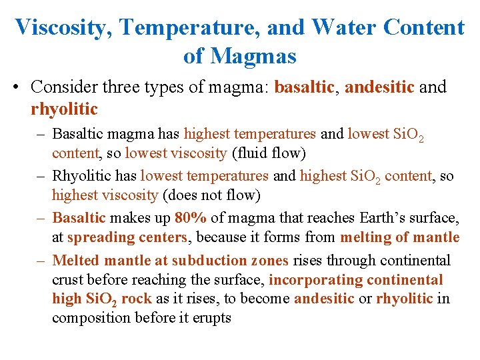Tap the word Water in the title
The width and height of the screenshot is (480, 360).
(341, 27)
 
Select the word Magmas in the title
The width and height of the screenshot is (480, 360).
(253, 56)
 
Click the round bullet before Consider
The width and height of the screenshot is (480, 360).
(20, 87)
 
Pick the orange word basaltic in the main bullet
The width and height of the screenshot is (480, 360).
(304, 87)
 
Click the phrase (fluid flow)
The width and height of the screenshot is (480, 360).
(269, 153)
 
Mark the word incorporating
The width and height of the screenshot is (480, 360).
(314, 280)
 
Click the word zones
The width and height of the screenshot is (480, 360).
(269, 261)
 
